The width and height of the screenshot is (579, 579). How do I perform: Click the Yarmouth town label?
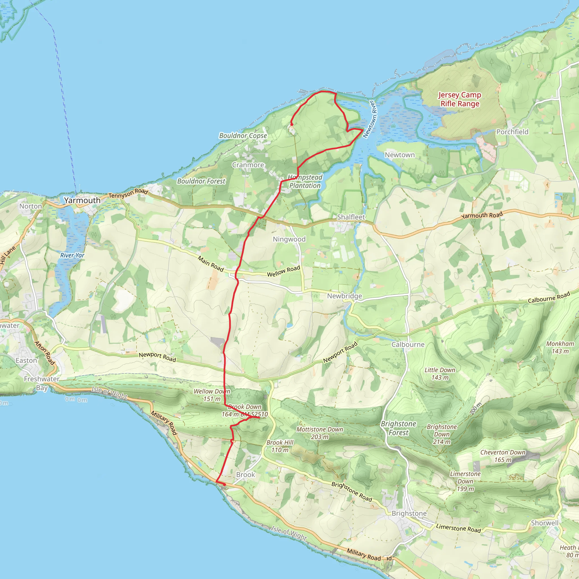[82, 200]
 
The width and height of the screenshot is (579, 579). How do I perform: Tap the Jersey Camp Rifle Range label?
[460, 99]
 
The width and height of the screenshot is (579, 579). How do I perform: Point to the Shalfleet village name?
[351, 217]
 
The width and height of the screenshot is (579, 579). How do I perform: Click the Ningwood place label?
[289, 239]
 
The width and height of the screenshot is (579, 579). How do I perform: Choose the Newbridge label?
[344, 296]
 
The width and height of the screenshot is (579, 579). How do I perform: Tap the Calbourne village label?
[408, 345]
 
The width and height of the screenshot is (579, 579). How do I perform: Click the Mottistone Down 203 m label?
[320, 433]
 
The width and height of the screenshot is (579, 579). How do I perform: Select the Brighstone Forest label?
[399, 428]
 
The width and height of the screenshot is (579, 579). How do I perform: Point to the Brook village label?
[245, 475]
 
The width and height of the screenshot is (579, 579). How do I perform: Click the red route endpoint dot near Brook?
[224, 484]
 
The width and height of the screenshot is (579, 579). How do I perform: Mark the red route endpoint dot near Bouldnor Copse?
[291, 124]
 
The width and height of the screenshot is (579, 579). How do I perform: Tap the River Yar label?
[72, 255]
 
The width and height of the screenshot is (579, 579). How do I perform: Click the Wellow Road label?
[284, 271]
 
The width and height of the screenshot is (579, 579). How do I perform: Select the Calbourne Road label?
[549, 298]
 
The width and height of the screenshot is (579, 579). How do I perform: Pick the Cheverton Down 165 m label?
[503, 456]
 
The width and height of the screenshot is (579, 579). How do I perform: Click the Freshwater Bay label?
[42, 383]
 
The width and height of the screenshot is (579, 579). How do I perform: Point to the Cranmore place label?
[248, 165]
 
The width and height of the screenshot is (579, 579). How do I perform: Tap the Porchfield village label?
[513, 132]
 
